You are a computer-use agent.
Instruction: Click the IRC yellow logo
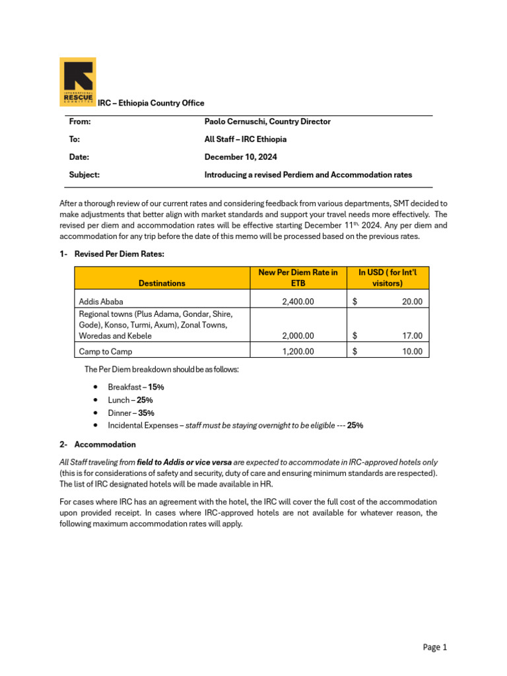(78, 81)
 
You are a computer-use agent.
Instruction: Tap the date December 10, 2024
(241, 157)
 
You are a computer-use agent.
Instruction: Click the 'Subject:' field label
(84, 175)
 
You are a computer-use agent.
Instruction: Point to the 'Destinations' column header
(162, 283)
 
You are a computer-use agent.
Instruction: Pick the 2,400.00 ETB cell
(298, 302)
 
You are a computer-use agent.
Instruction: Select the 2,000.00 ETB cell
(298, 335)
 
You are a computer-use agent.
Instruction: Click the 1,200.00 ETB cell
(298, 352)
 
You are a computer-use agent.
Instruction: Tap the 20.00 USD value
(412, 302)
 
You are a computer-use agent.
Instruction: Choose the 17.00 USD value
(412, 335)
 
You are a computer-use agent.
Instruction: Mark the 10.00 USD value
(412, 352)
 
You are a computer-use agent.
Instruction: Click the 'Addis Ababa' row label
(101, 302)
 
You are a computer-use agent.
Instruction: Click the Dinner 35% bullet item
(131, 413)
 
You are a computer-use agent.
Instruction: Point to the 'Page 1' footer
(435, 648)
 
